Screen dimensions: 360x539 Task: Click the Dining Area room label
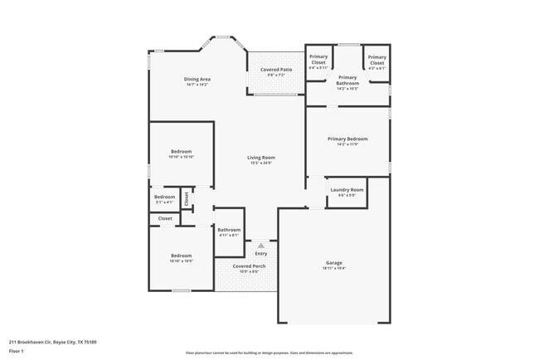(x=197, y=79)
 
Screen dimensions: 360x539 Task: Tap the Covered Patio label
(x=276, y=70)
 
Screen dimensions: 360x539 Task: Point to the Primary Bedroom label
(x=347, y=139)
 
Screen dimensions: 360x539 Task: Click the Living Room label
(x=261, y=158)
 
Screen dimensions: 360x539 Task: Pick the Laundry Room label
(x=347, y=190)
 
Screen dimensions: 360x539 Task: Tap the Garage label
(x=333, y=263)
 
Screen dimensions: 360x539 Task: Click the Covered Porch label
(x=249, y=266)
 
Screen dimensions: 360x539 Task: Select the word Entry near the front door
(x=261, y=253)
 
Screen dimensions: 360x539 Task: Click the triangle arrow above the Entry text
(x=261, y=246)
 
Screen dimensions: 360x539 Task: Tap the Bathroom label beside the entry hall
(x=229, y=230)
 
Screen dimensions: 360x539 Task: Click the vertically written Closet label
(x=187, y=199)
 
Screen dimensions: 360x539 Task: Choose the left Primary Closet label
(x=318, y=61)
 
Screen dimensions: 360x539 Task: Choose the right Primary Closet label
(x=376, y=61)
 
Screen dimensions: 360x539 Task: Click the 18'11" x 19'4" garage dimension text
(x=333, y=269)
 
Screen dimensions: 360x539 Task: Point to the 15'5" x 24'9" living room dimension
(x=261, y=163)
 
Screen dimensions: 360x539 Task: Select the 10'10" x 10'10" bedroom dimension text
(x=181, y=157)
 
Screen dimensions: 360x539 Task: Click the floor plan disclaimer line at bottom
(x=269, y=353)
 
